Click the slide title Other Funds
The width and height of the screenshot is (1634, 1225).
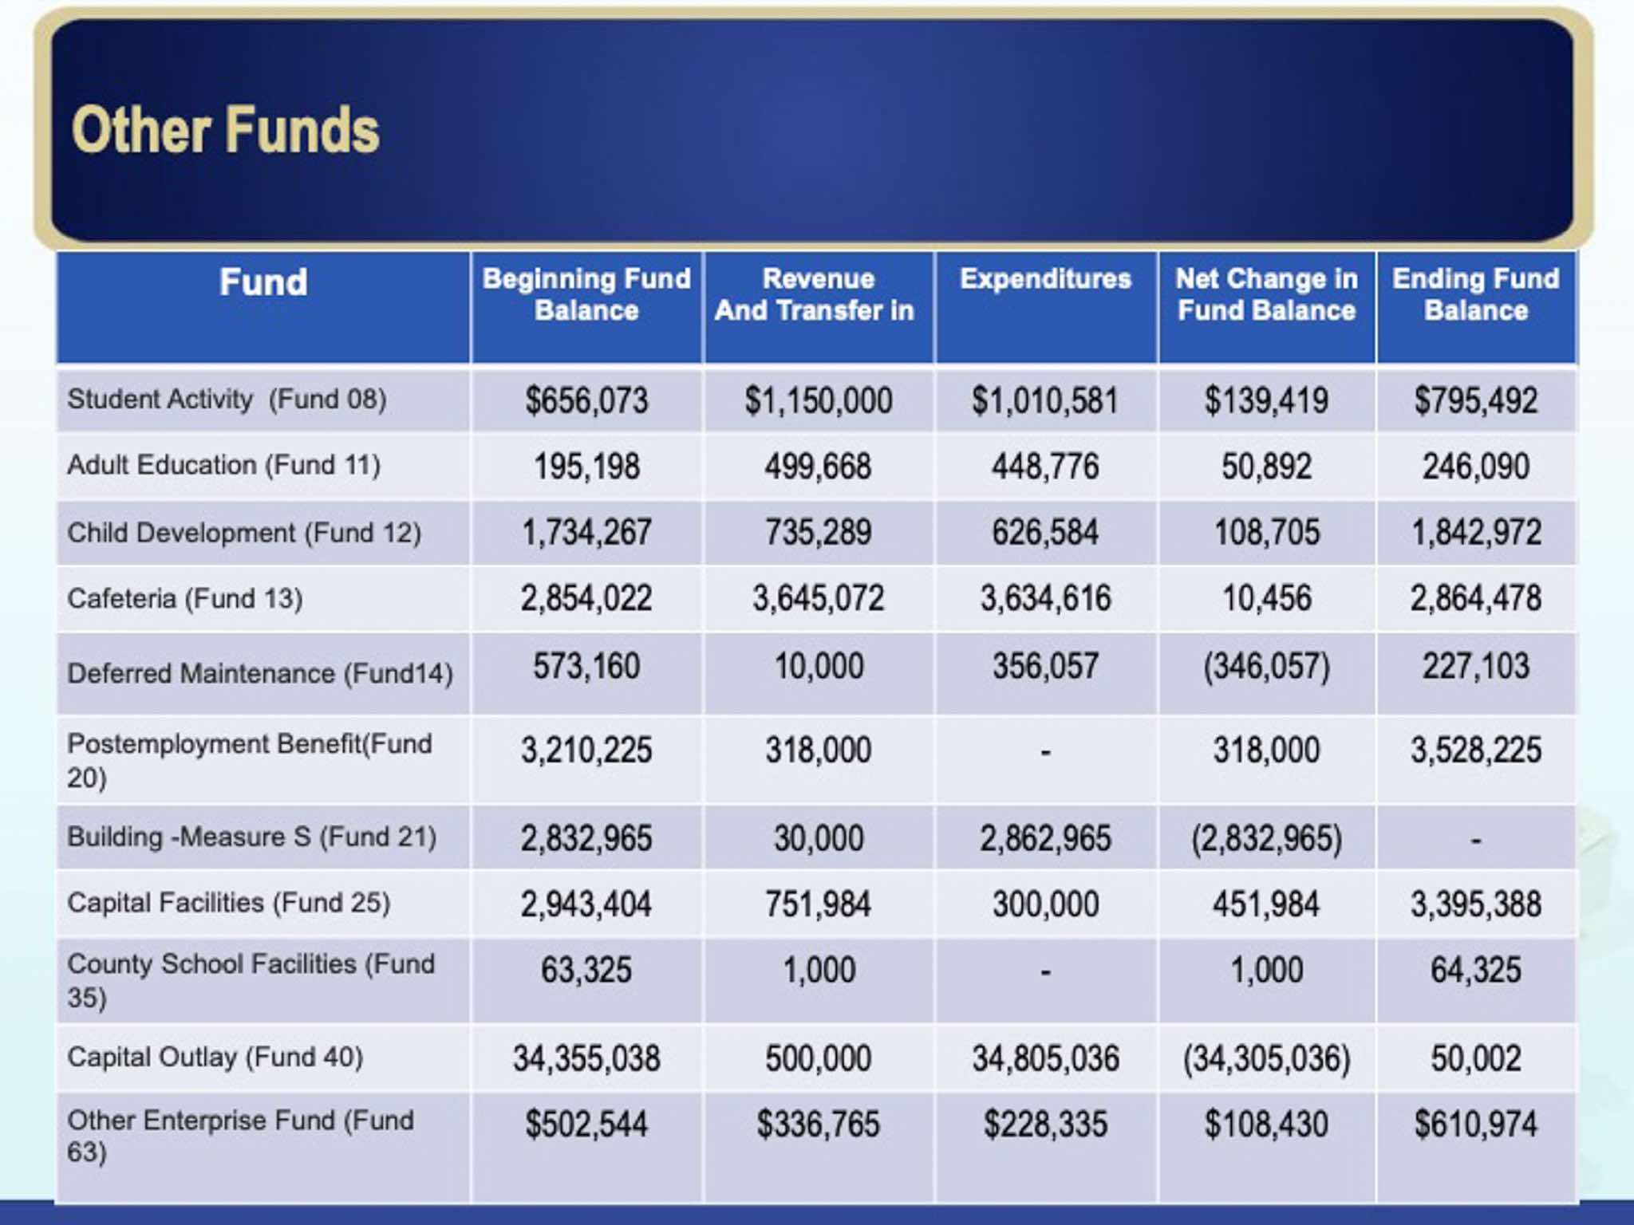[226, 131]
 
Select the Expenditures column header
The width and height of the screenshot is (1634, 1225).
[1045, 279]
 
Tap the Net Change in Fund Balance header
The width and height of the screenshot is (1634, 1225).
[1266, 294]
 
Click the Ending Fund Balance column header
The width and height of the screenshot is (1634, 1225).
[1475, 294]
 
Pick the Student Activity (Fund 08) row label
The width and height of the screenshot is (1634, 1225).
[227, 399]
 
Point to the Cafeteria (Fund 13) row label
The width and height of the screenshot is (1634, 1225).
[185, 598]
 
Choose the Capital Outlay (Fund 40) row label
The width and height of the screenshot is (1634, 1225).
[215, 1058]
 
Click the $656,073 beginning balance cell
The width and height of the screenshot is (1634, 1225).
[586, 400]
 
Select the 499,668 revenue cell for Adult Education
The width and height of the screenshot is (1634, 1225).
[818, 467]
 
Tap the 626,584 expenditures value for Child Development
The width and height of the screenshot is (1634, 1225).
[1045, 533]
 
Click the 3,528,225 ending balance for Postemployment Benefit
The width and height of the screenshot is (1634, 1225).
[1475, 750]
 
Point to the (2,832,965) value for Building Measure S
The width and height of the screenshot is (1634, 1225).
[1266, 839]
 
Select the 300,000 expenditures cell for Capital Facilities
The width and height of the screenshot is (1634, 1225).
[1045, 904]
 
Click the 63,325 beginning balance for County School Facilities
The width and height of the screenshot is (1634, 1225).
[586, 971]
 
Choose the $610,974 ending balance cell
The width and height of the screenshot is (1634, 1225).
[1475, 1125]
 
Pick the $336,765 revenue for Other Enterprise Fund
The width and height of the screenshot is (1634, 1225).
[818, 1125]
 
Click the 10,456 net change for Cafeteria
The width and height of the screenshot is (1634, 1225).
[1266, 599]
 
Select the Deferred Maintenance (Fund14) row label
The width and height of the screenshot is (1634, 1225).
[260, 674]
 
